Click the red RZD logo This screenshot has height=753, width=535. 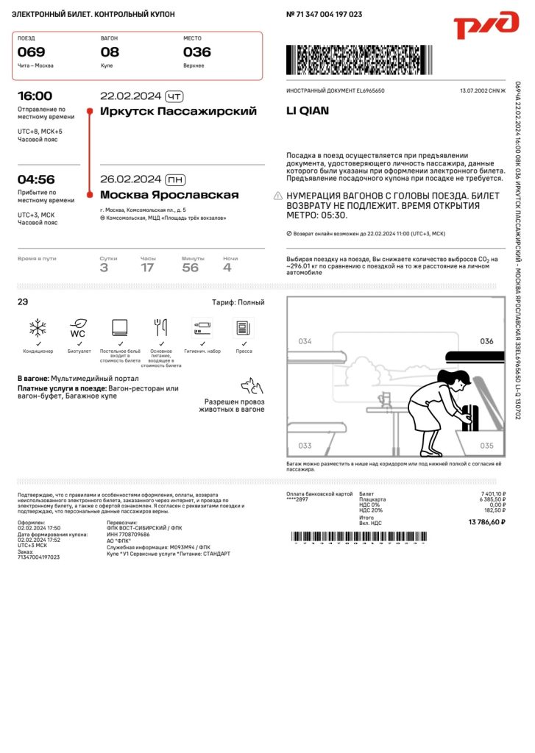click(x=486, y=25)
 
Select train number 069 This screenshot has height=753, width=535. click(x=32, y=52)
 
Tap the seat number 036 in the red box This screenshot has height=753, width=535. click(x=196, y=52)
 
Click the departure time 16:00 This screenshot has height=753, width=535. click(x=35, y=96)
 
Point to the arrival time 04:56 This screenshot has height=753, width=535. click(x=36, y=179)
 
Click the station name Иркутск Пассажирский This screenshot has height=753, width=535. click(x=178, y=112)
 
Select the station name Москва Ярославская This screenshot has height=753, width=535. click(x=169, y=195)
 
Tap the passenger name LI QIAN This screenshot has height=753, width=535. click(x=308, y=111)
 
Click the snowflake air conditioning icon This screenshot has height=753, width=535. click(x=38, y=327)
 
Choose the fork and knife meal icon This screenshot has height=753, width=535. click(x=160, y=327)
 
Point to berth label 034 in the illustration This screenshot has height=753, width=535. click(x=305, y=341)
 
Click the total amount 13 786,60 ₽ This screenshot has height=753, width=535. click(x=487, y=522)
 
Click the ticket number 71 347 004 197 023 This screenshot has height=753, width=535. click(x=328, y=15)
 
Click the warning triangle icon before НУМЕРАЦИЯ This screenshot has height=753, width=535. click(x=277, y=196)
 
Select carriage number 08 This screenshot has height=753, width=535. click(x=110, y=52)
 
